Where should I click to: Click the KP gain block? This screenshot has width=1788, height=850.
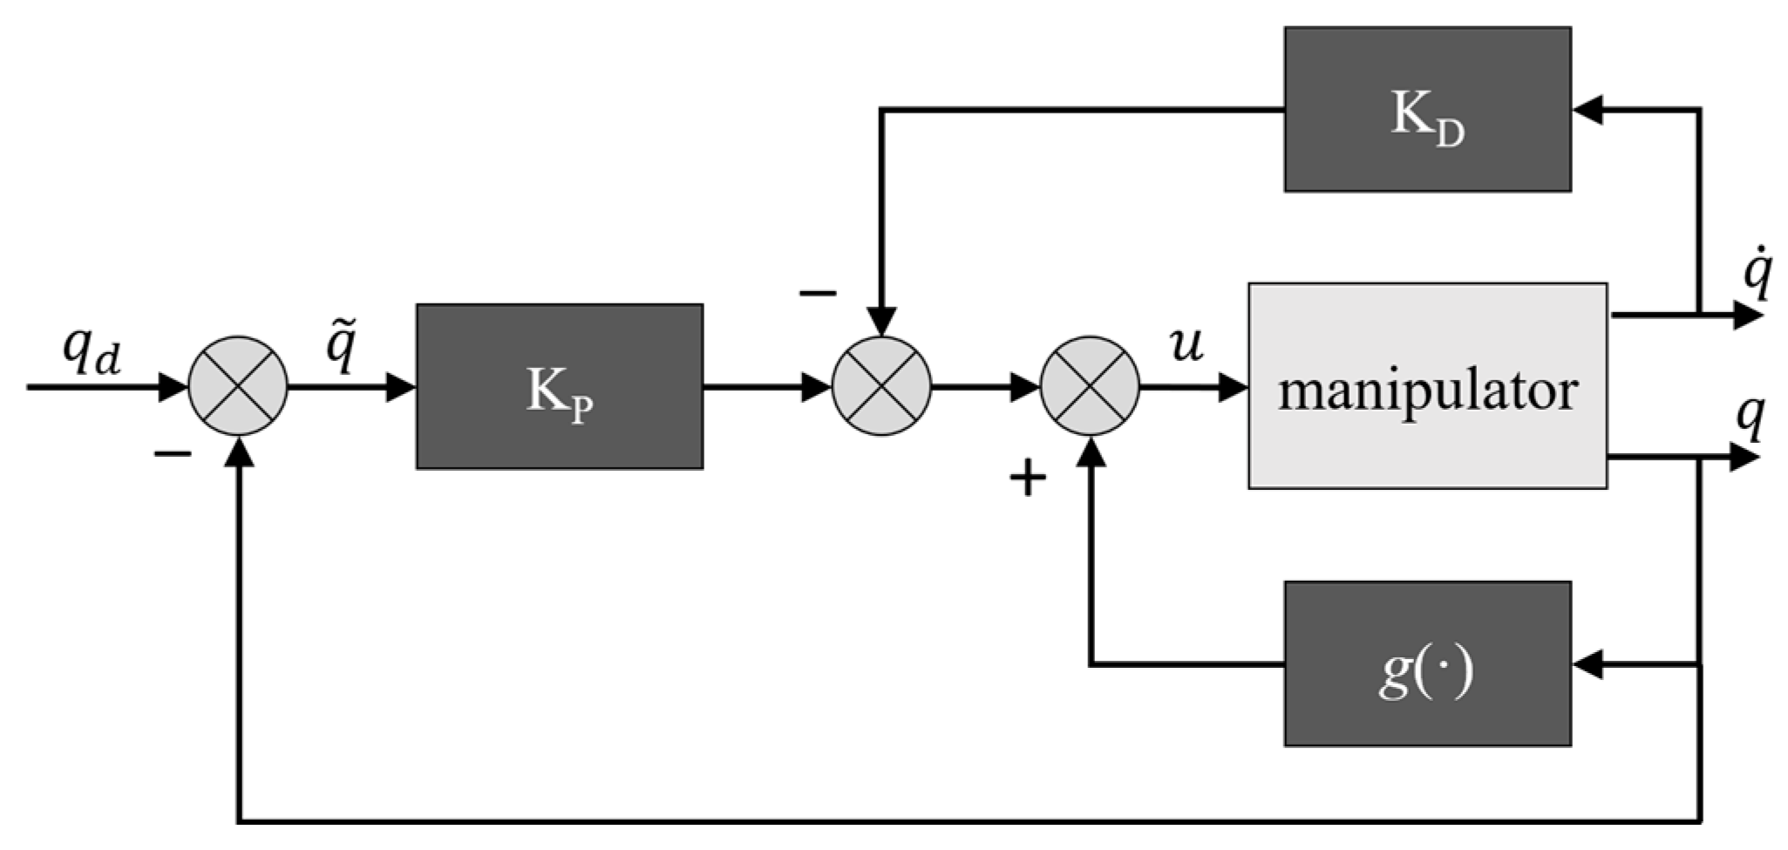pyautogui.click(x=559, y=386)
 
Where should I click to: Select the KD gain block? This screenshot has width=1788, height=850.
pyautogui.click(x=1427, y=109)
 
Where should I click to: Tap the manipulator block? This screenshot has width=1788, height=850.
pyautogui.click(x=1427, y=385)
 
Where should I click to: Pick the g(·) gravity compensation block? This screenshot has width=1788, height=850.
pyautogui.click(x=1427, y=664)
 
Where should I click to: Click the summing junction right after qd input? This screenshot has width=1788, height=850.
pyautogui.click(x=238, y=386)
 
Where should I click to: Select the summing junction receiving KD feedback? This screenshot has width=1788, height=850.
pyautogui.click(x=881, y=386)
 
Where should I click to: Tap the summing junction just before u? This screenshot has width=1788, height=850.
pyautogui.click(x=1090, y=386)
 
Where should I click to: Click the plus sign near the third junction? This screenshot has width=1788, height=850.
pyautogui.click(x=1027, y=478)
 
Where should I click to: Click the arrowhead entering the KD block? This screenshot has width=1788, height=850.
pyautogui.click(x=1588, y=110)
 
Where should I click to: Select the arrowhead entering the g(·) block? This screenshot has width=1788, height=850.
pyautogui.click(x=1588, y=665)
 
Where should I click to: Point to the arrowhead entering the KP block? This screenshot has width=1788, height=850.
pyautogui.click(x=400, y=386)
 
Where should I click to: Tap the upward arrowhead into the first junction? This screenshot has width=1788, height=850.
pyautogui.click(x=238, y=451)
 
